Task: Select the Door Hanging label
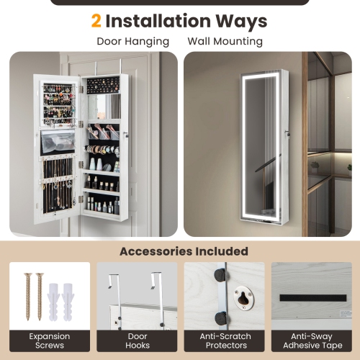(x=133, y=42)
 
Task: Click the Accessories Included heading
(x=184, y=251)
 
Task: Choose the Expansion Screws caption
(x=50, y=341)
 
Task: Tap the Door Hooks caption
(x=138, y=341)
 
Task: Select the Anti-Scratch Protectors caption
(x=225, y=341)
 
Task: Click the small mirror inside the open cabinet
(x=109, y=107)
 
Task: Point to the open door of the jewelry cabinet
(x=59, y=151)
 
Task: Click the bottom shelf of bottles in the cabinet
(x=102, y=205)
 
